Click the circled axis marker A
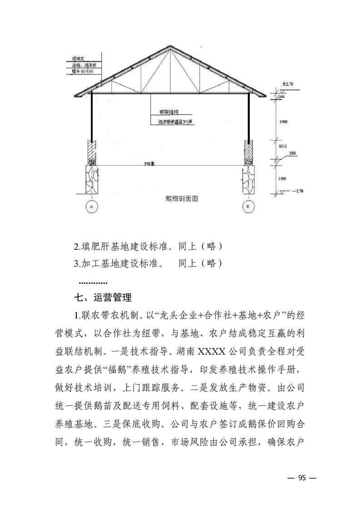pos(92,207)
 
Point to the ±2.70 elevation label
pos(288,84)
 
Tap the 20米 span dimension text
pos(149,165)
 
